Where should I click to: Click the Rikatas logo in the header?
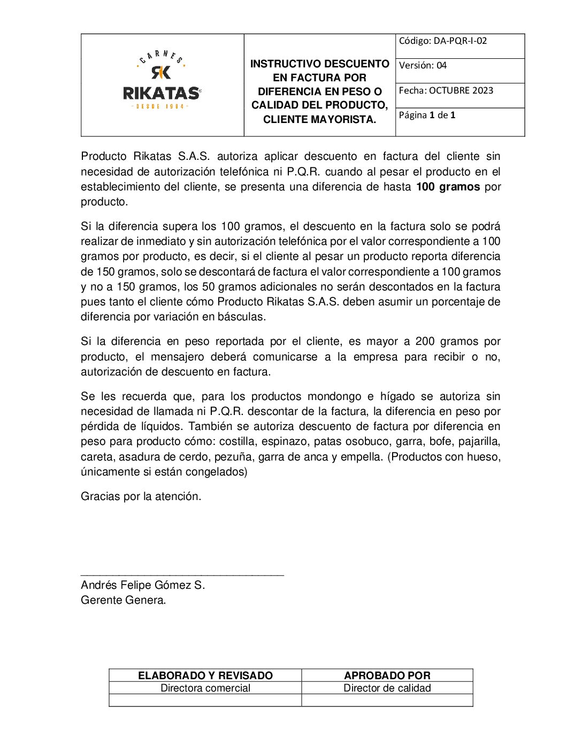[162, 82]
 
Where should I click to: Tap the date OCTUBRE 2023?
[461, 90]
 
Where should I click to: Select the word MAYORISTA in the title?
[345, 120]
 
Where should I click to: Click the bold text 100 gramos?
[448, 187]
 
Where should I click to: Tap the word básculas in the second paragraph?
[241, 317]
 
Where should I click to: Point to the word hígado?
[397, 396]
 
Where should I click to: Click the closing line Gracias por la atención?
[141, 496]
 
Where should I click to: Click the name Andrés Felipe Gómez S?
[143, 585]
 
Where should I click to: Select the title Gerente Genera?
[124, 600]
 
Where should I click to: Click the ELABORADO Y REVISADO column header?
[205, 675]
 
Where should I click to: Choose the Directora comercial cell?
[205, 688]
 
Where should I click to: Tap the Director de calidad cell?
[387, 688]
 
